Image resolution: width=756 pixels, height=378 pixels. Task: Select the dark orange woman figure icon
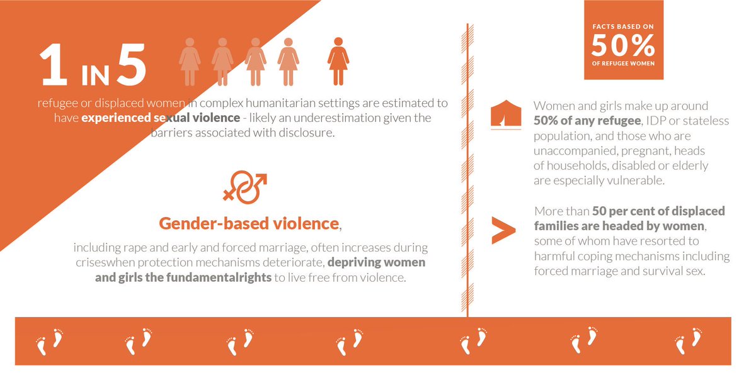pos(338,61)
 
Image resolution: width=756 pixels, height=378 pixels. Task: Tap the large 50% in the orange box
pos(622,45)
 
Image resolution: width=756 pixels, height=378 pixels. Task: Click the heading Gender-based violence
pos(249,223)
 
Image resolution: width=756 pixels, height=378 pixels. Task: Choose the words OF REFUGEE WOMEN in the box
pos(622,63)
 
